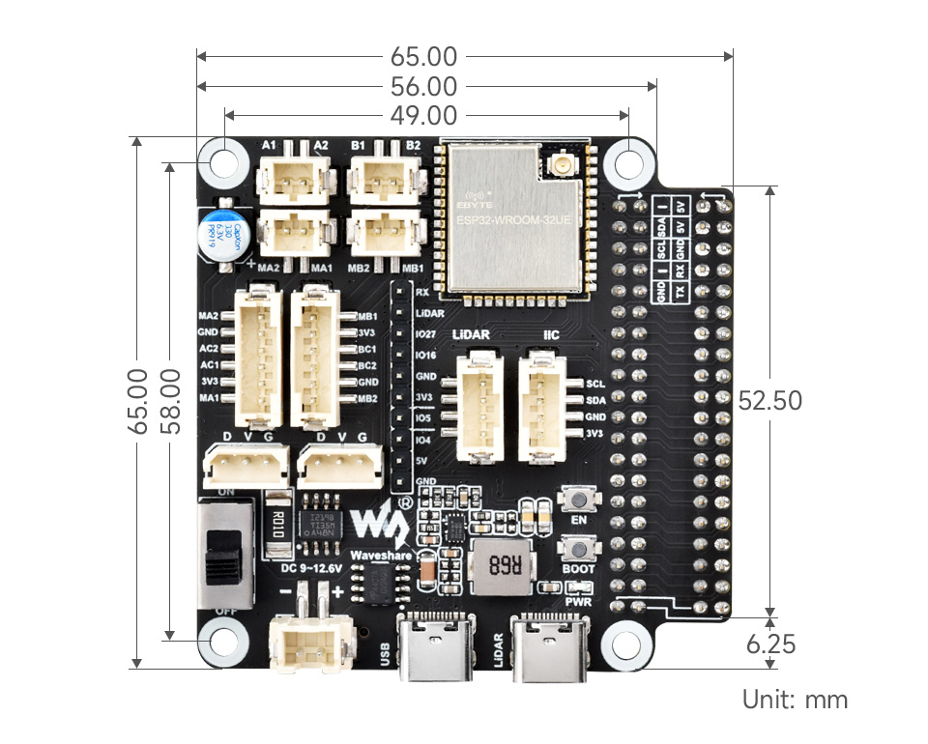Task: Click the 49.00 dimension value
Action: (x=424, y=116)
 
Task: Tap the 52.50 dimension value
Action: (x=769, y=400)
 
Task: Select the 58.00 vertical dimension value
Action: (x=170, y=400)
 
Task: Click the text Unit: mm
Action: (x=795, y=700)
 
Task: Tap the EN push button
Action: (x=579, y=501)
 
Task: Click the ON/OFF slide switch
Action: (x=226, y=552)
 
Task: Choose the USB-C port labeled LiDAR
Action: (x=547, y=643)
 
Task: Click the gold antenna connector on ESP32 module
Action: (x=560, y=166)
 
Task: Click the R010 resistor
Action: (x=276, y=526)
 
